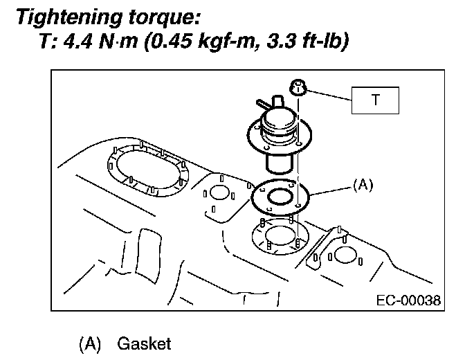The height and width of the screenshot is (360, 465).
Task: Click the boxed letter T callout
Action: (376, 100)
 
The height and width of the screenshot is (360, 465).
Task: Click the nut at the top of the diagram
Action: (298, 88)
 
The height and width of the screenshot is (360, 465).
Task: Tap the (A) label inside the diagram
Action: (363, 185)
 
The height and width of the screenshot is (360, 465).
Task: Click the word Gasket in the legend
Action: (145, 343)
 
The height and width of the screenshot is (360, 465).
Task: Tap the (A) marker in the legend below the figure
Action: (92, 343)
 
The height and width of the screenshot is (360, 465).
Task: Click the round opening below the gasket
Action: (280, 236)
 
